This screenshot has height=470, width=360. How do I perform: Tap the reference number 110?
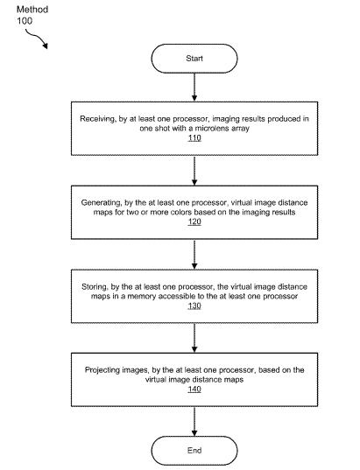(x=194, y=138)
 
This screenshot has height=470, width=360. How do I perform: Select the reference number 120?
(x=194, y=221)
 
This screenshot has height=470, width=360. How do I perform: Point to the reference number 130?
(x=194, y=306)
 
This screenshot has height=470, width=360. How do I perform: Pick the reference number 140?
(x=194, y=389)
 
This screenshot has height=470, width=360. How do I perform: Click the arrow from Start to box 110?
(x=194, y=87)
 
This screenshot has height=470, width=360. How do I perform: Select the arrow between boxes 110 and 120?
(x=194, y=171)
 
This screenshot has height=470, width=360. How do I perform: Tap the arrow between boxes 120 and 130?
(x=194, y=255)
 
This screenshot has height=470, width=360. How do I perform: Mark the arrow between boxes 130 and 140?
(x=194, y=338)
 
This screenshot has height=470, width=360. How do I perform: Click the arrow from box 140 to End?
(x=194, y=422)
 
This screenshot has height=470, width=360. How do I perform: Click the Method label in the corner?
(x=32, y=10)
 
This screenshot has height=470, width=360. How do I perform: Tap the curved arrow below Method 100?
(x=37, y=37)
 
